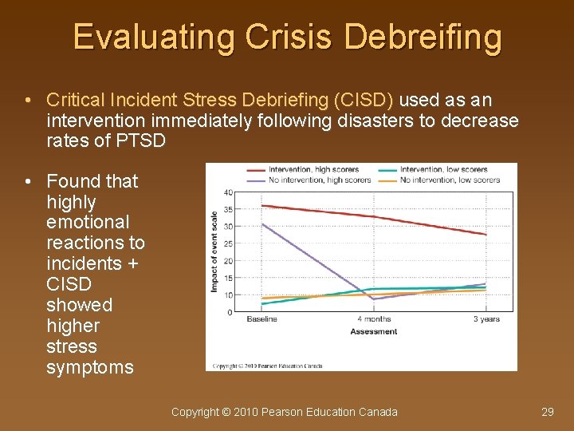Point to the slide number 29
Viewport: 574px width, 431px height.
547,412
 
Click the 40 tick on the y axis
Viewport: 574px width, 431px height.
228,192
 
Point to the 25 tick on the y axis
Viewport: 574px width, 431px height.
228,243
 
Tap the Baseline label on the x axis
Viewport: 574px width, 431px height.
261,319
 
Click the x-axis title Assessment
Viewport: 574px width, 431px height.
373,331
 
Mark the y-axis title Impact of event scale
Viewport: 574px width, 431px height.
214,251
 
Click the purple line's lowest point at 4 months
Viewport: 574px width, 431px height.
373,299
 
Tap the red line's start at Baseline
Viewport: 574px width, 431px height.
262,205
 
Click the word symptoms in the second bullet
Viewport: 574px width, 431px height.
90,367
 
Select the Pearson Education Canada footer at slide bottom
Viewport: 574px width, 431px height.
285,412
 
